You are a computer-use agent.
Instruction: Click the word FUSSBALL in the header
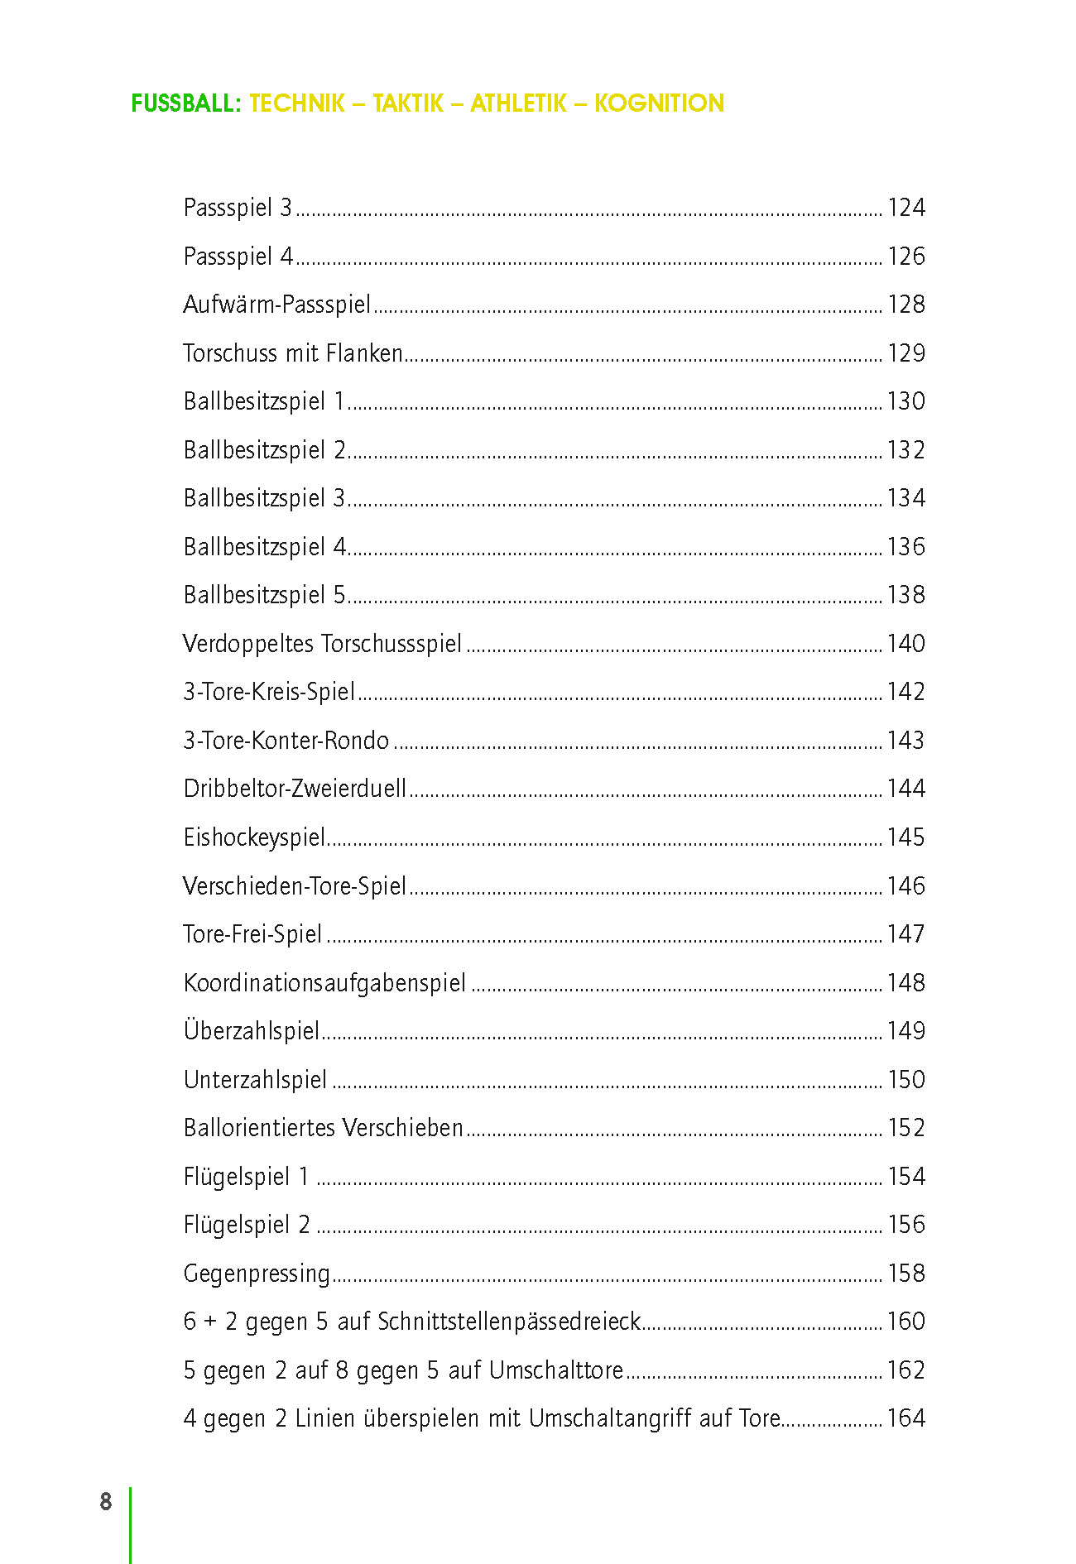(186, 103)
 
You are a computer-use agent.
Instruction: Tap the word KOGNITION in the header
(659, 103)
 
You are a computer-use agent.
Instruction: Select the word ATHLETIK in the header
(518, 103)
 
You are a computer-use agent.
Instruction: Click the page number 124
(905, 207)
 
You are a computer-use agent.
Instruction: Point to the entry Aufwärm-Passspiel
(276, 305)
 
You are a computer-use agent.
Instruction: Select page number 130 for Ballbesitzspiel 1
(905, 401)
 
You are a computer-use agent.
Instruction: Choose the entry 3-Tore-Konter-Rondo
(286, 741)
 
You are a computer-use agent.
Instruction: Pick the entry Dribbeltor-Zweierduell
(295, 789)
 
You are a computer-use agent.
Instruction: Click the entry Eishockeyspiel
(254, 837)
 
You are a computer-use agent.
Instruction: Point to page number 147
(905, 934)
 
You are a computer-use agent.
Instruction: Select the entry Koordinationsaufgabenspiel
(324, 983)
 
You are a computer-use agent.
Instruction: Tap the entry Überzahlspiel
(252, 1030)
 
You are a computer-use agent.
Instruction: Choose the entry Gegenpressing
(257, 1274)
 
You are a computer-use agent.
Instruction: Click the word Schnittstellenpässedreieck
(509, 1322)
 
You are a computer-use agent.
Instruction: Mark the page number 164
(905, 1418)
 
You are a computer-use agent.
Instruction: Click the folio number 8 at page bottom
(106, 1502)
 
